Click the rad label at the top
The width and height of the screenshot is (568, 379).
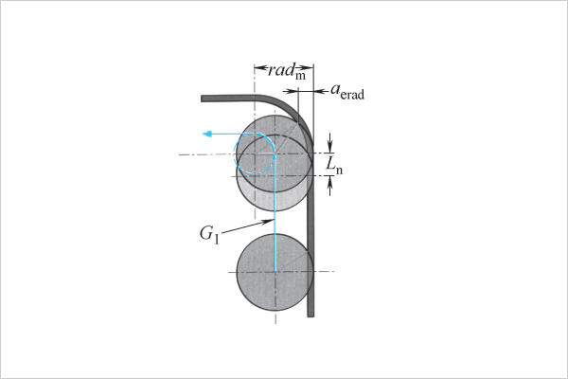(x=281, y=69)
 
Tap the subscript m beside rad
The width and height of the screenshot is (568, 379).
(x=300, y=76)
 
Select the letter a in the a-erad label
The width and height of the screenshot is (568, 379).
(x=335, y=88)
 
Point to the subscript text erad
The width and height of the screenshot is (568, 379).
(x=352, y=95)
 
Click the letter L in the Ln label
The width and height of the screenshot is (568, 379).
(x=330, y=163)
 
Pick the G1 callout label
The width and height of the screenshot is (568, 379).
(x=209, y=234)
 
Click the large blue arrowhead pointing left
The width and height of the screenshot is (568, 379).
(x=207, y=135)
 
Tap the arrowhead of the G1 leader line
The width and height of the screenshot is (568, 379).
(x=267, y=221)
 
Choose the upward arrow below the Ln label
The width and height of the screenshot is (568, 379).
(x=329, y=186)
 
